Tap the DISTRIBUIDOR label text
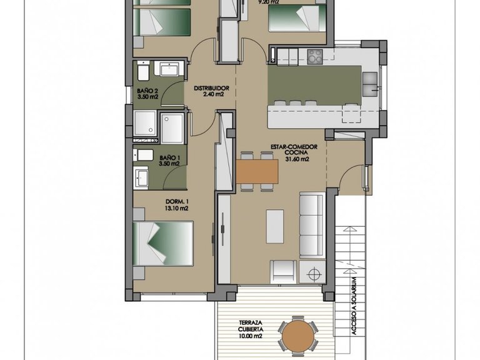coord(212,87)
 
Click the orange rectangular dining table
coord(257,171)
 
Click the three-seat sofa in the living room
coord(311,225)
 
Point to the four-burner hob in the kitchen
coord(315,57)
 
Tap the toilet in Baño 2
coord(142,74)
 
